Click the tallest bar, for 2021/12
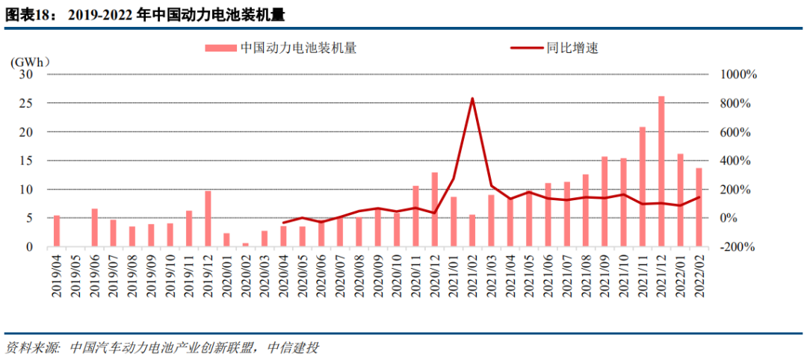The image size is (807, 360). click(661, 171)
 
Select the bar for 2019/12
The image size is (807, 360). click(208, 219)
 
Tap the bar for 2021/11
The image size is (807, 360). click(643, 187)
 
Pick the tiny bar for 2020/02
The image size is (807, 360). click(245, 244)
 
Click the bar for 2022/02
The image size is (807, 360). click(699, 207)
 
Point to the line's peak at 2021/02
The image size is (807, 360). click(472, 99)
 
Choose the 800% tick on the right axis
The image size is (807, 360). click(737, 103)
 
